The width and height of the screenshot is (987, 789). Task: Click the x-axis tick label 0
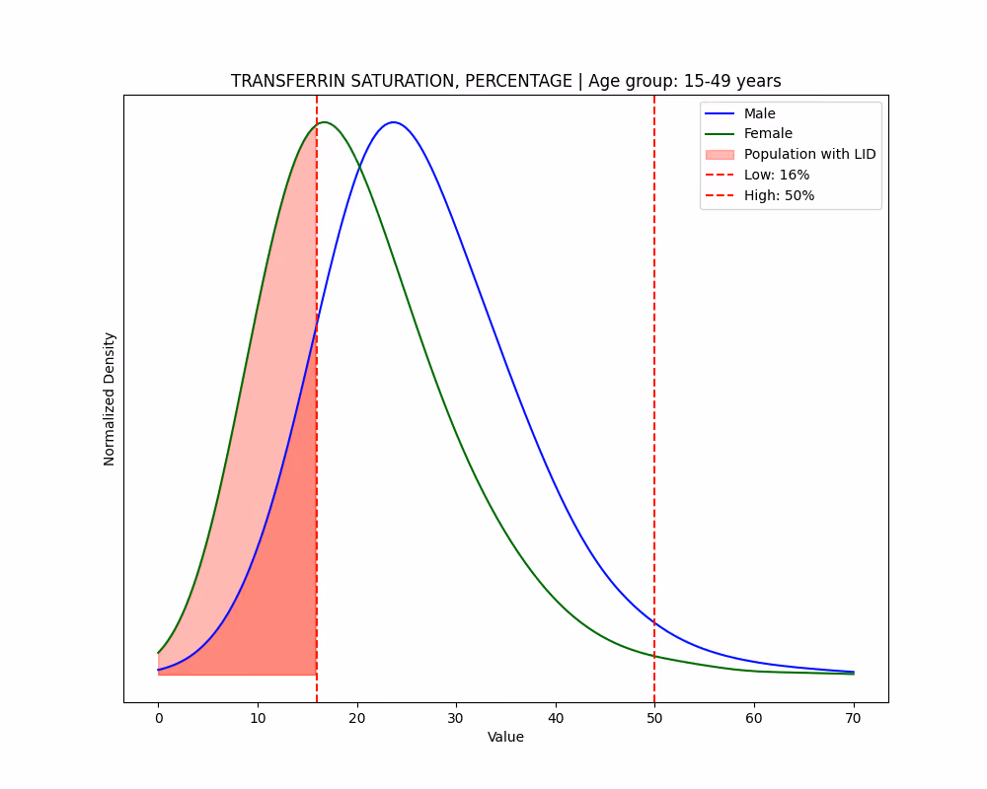point(159,719)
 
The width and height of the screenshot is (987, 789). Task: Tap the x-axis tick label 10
point(258,719)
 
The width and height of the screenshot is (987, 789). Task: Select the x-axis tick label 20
point(357,719)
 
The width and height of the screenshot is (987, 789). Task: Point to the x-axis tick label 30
point(456,719)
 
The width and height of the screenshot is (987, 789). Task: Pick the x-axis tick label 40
point(555,719)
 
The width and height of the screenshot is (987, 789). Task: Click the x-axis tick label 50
point(654,719)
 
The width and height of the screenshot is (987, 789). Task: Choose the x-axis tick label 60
point(753,719)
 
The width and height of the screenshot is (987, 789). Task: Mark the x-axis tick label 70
point(853,719)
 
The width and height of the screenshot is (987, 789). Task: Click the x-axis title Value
point(505,737)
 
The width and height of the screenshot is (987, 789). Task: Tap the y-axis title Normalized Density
point(110,398)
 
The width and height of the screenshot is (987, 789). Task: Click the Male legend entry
point(740,113)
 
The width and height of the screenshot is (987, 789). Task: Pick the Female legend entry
point(748,133)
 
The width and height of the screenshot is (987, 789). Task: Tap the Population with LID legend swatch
point(720,154)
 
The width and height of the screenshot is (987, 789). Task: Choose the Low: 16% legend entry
point(757,175)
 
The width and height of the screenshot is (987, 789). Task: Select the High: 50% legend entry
point(760,195)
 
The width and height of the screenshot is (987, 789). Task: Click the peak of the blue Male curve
point(394,122)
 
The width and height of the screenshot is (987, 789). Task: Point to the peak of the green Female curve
point(324,122)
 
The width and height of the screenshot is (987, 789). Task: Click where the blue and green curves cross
point(359,166)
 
